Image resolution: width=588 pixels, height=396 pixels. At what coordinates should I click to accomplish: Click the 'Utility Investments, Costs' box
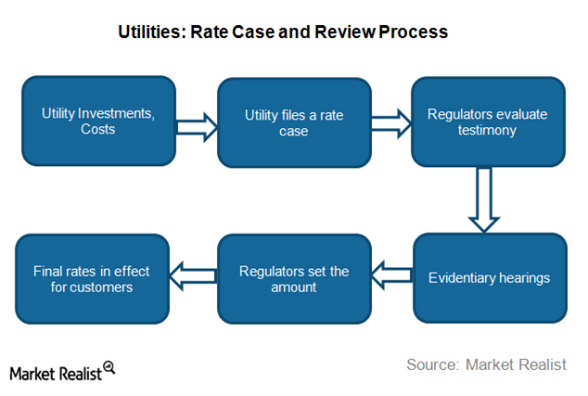pos(98,121)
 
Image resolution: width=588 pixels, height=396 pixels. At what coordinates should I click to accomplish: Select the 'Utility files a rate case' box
pos(294,122)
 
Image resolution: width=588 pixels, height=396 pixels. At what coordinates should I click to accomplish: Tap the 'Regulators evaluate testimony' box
pos(488,121)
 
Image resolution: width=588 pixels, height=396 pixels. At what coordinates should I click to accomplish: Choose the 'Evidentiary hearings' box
pos(490,278)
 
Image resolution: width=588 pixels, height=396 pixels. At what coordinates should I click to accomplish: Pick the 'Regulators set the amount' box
pos(294,278)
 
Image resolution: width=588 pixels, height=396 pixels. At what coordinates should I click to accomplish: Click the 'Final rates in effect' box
pos(92,278)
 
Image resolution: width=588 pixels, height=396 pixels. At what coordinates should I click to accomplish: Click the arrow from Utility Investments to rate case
pos(197,127)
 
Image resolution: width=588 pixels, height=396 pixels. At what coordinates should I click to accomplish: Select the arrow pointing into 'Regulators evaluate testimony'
pos(391,123)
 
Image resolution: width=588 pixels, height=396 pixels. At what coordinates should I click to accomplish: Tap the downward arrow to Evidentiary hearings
pos(484,200)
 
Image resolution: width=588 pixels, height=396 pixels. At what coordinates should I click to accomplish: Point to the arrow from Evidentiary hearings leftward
pos(392,275)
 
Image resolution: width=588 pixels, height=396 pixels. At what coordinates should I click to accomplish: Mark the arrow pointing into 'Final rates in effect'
pos(194,276)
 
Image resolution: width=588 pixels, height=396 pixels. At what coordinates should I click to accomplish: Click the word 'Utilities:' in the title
pos(152,32)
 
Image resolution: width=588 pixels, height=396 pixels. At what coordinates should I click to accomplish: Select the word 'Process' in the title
pos(414,32)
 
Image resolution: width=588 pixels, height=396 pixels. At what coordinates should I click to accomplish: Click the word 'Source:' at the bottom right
pos(433,364)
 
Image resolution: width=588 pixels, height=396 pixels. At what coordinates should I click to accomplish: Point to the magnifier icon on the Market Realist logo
pos(109,367)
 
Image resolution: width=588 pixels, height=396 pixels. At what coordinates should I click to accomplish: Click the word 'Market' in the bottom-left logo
pos(32,374)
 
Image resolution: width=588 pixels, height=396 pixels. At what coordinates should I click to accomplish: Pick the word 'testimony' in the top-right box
pos(487,130)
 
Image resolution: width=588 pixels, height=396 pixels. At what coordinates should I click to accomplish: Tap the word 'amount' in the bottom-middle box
pos(294,287)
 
